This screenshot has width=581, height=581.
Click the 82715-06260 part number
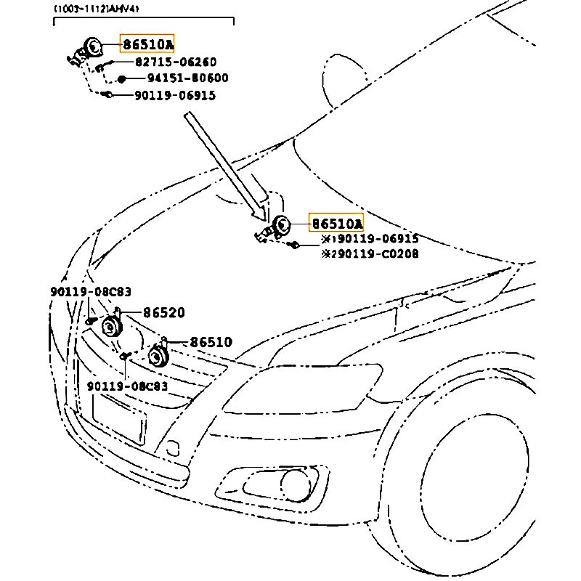click(x=175, y=62)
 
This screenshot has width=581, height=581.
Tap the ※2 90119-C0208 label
click(x=370, y=253)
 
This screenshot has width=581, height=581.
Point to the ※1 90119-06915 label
click(x=370, y=239)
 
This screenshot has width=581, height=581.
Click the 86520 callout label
click(x=163, y=313)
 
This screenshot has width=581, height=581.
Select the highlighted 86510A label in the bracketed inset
click(x=147, y=45)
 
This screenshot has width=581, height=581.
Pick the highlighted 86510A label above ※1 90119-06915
click(x=336, y=223)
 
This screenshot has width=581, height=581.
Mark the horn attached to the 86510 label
click(x=156, y=356)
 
